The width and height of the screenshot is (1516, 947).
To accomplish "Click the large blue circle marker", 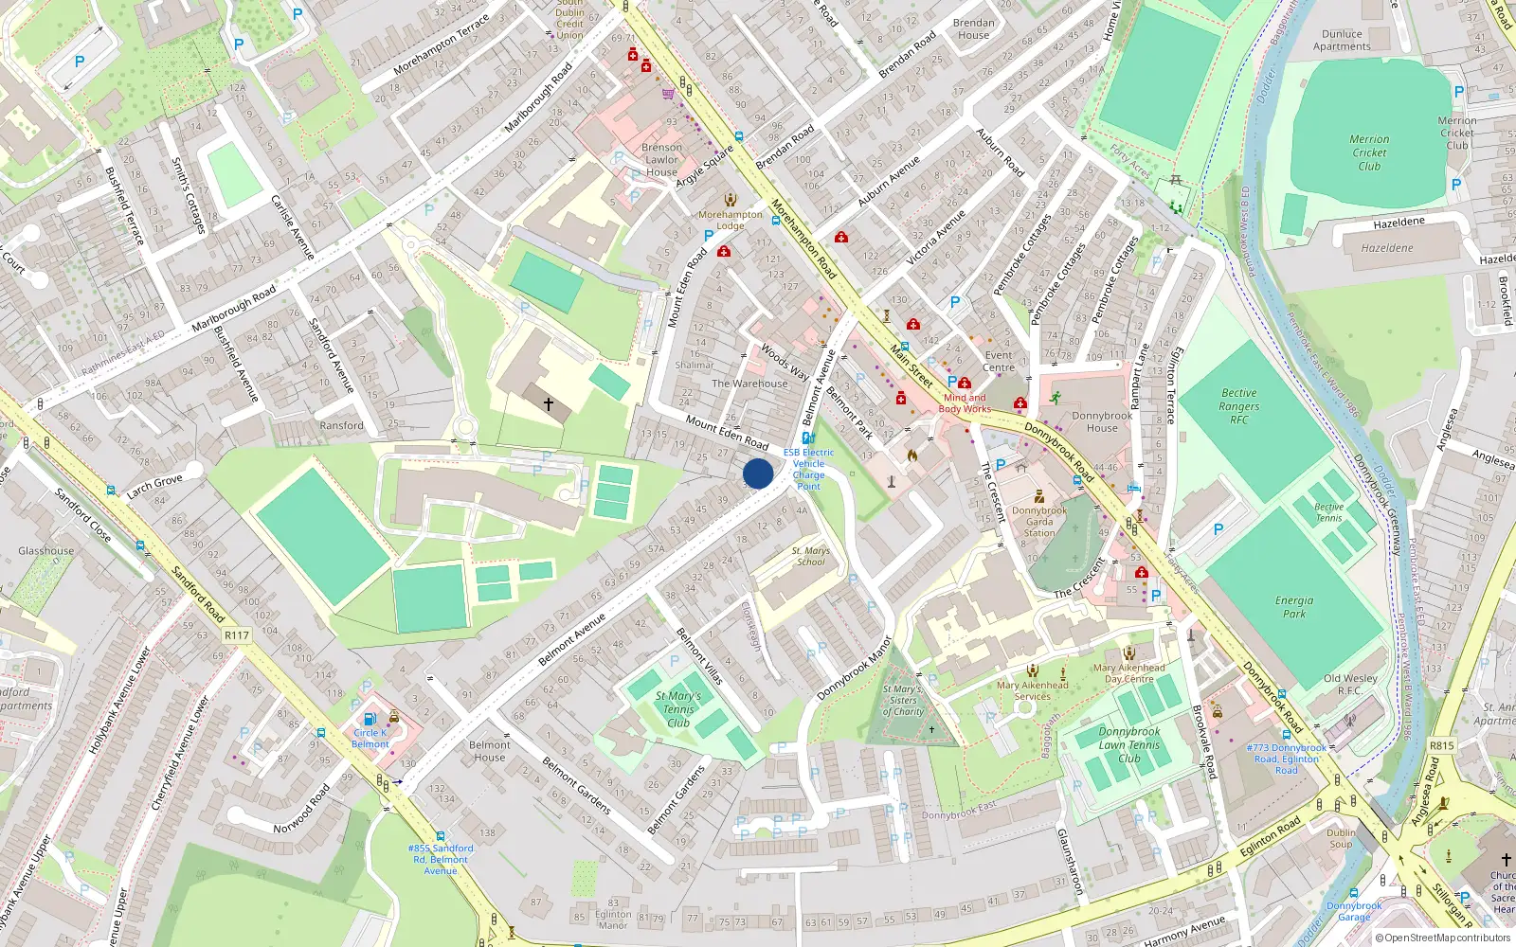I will [758, 473].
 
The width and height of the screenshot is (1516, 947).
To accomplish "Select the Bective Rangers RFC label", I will [1238, 406].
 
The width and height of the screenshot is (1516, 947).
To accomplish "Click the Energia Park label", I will [1294, 607].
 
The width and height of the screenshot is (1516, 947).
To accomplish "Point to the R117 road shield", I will [237, 635].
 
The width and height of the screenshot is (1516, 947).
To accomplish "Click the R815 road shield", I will [1441, 745].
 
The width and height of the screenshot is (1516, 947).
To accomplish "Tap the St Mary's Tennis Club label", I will [678, 709].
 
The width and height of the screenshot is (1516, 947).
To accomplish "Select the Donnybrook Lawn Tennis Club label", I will [1129, 744].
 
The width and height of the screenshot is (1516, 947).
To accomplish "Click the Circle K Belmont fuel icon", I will [370, 719].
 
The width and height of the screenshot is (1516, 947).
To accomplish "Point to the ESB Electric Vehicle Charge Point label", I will [808, 469].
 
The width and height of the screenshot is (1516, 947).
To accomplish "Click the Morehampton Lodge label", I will [730, 220].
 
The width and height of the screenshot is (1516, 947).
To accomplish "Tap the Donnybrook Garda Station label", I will [1039, 522].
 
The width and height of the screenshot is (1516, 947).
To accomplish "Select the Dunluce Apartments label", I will [1342, 40].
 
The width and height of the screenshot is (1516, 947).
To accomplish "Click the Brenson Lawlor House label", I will [661, 159].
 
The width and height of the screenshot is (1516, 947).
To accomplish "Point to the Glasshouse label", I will [45, 550].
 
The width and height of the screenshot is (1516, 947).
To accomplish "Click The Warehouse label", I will [749, 384].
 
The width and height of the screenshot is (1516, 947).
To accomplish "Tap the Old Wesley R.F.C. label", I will [1350, 684].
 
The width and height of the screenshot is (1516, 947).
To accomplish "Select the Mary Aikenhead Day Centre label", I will [1129, 672].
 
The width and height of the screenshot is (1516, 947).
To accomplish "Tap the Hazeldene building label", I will [1387, 247].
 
